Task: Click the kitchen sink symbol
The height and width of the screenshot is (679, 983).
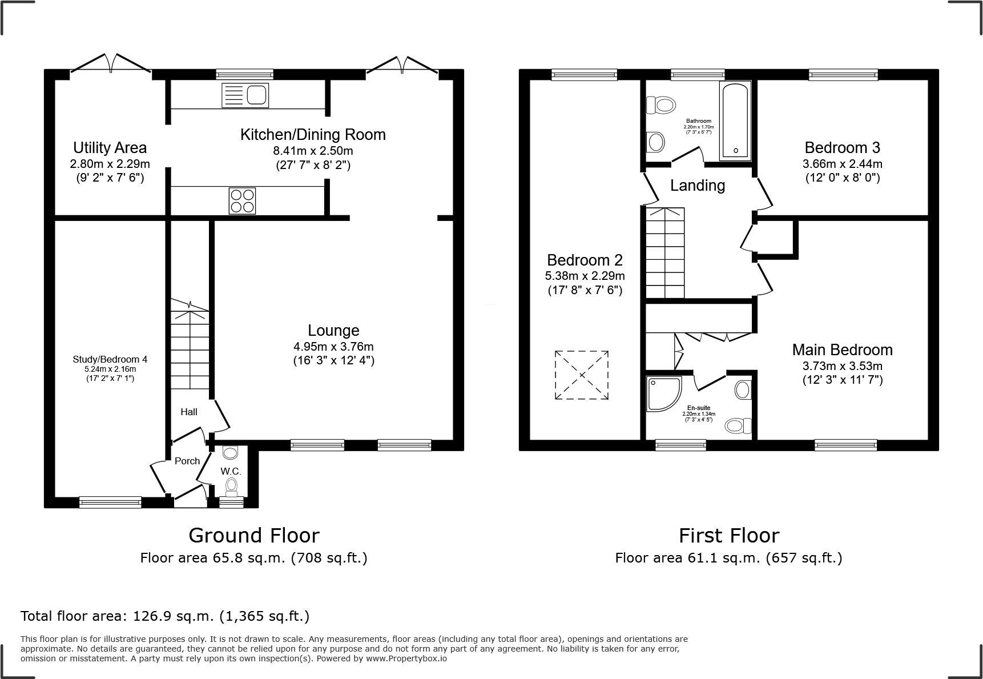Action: tap(245, 95)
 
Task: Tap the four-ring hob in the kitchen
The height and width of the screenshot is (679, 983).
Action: tap(242, 201)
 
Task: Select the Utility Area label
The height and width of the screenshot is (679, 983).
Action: tap(110, 148)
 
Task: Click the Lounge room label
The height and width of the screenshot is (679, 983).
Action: tap(333, 331)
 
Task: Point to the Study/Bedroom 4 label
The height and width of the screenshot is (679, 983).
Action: tap(110, 359)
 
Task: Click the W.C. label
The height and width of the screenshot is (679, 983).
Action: tap(231, 471)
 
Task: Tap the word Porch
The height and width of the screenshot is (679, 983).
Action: tap(187, 461)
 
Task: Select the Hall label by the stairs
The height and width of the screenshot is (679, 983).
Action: tap(189, 412)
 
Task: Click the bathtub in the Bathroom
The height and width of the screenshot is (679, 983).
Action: tap(735, 120)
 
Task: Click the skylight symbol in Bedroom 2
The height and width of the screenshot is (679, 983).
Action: tap(581, 375)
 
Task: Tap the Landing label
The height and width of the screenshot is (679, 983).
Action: tap(697, 186)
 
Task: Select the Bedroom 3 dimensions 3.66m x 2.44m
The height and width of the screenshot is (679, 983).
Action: tap(842, 164)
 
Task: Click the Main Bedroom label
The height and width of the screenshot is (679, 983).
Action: tap(842, 349)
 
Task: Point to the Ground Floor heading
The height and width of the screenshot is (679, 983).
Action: tap(253, 535)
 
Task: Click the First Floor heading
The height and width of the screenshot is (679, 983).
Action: tap(728, 535)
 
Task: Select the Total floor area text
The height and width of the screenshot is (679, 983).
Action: tap(165, 616)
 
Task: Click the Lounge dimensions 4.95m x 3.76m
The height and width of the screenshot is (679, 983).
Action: tap(333, 347)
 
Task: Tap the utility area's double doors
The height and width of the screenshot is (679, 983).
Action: tap(111, 63)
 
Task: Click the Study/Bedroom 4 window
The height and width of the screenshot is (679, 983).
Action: tap(110, 502)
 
